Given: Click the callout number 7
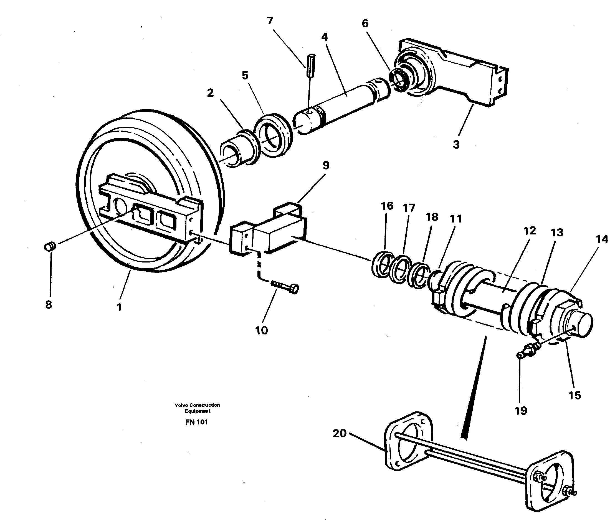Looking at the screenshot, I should click(x=270, y=20).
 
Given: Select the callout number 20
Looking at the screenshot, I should click(x=340, y=433).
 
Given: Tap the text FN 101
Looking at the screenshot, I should click(x=196, y=422).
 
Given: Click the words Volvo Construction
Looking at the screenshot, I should click(x=197, y=405).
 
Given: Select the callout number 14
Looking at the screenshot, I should click(x=602, y=239).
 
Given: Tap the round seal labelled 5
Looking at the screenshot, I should click(x=273, y=134).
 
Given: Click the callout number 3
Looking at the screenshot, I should click(x=456, y=144).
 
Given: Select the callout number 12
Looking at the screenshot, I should click(x=530, y=231).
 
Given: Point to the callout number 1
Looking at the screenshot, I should click(x=119, y=307).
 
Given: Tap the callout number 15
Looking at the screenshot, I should click(x=575, y=395).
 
